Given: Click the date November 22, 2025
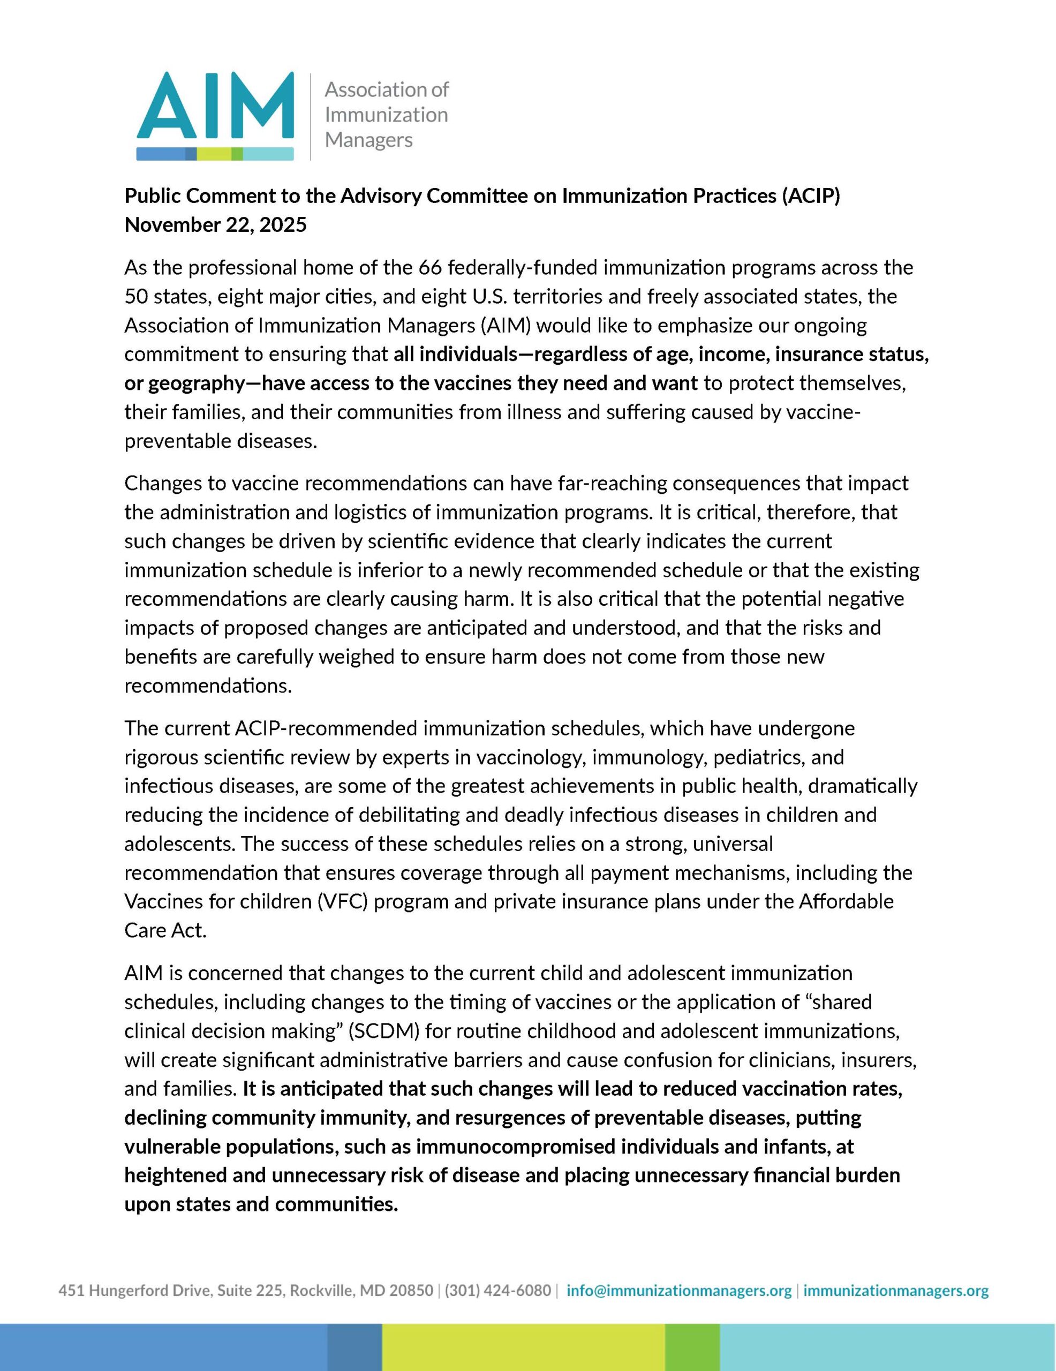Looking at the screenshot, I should tap(215, 225).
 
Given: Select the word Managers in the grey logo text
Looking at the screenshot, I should tap(368, 139).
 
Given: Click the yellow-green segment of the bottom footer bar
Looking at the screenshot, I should tap(523, 1347).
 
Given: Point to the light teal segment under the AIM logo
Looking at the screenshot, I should tap(268, 153).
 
